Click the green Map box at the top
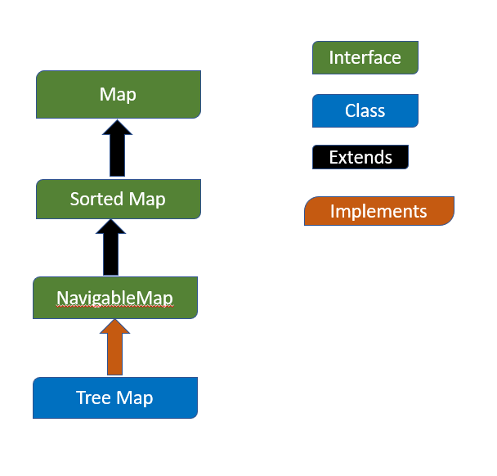[x=119, y=95]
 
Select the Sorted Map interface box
[x=119, y=200]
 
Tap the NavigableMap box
[x=115, y=298]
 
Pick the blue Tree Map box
[x=115, y=398]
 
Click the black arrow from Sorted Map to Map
[x=117, y=148]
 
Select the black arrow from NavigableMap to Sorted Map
[x=111, y=247]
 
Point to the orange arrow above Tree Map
[x=114, y=348]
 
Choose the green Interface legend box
[x=365, y=58]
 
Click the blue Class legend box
[x=365, y=111]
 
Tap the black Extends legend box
[x=360, y=157]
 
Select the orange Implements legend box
[x=379, y=211]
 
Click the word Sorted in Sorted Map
[x=96, y=200]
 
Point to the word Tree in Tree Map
[x=93, y=397]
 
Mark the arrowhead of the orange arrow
[x=114, y=326]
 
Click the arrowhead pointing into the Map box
[x=117, y=127]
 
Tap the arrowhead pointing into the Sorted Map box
[x=111, y=227]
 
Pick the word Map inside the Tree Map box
[x=134, y=398]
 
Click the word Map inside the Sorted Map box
[x=147, y=200]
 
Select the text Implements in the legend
[x=378, y=212]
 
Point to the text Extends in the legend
[x=360, y=157]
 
